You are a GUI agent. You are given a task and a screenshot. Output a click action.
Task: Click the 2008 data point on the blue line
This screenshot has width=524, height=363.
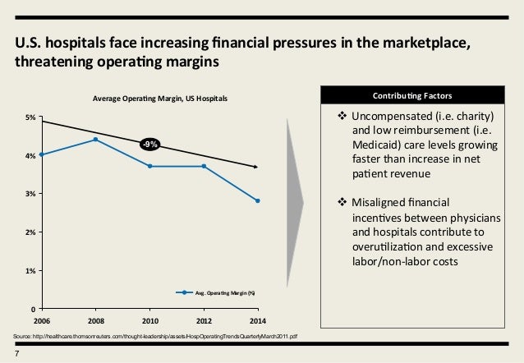(x=95, y=140)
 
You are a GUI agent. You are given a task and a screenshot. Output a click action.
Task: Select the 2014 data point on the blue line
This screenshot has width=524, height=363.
(x=258, y=200)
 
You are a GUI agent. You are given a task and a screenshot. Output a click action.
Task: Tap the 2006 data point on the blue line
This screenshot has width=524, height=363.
(x=40, y=154)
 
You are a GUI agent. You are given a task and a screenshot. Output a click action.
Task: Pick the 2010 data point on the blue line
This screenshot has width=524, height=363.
(x=149, y=166)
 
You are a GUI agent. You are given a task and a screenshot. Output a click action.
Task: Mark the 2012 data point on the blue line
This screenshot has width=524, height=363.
(x=204, y=166)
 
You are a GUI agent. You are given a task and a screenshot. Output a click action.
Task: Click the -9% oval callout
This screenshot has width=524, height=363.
(x=149, y=145)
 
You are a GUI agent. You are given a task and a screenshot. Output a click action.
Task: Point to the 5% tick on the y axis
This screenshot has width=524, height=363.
(x=30, y=117)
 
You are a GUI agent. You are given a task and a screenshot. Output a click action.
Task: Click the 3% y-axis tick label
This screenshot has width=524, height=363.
(x=30, y=194)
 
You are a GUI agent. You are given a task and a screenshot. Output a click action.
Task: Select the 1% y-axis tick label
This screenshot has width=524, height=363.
(x=30, y=270)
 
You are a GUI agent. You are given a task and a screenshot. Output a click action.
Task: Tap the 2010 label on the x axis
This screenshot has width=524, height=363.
(x=149, y=319)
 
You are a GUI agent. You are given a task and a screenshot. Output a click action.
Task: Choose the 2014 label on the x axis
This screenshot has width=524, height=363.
(x=258, y=319)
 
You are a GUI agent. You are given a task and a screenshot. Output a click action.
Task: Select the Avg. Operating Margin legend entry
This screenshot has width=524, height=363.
(x=218, y=292)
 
